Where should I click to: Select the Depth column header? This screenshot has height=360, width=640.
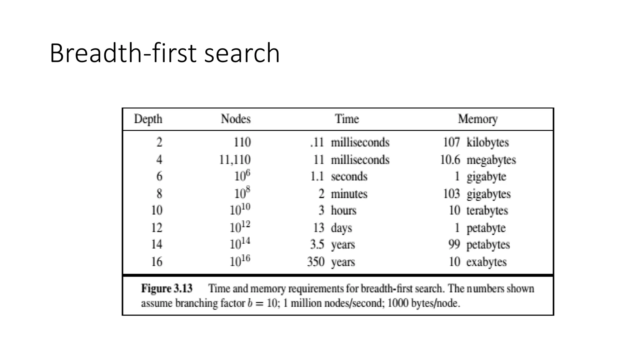pyautogui.click(x=148, y=119)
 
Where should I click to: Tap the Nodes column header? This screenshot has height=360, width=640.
pyautogui.click(x=236, y=119)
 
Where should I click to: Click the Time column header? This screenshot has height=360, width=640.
pyautogui.click(x=347, y=119)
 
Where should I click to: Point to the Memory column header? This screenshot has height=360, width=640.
pyautogui.click(x=477, y=119)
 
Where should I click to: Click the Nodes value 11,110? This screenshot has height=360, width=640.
pyautogui.click(x=235, y=160)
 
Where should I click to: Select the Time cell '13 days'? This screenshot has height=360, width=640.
pyautogui.click(x=332, y=228)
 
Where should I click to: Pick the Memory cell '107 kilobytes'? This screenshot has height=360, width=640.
pyautogui.click(x=476, y=142)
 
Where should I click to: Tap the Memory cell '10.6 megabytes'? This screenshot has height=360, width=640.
pyautogui.click(x=478, y=160)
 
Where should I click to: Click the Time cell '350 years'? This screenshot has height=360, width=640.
pyautogui.click(x=331, y=262)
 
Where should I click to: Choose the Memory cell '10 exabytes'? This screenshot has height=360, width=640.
pyautogui.click(x=477, y=262)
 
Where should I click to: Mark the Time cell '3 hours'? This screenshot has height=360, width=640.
pyautogui.click(x=337, y=210)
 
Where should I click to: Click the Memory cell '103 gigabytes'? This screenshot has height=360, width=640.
pyautogui.click(x=477, y=194)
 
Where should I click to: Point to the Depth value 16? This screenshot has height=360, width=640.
pyautogui.click(x=157, y=262)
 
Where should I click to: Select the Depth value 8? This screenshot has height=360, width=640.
pyautogui.click(x=159, y=194)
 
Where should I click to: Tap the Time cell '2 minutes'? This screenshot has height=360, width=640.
pyautogui.click(x=343, y=194)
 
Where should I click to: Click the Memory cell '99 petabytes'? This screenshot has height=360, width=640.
pyautogui.click(x=479, y=244)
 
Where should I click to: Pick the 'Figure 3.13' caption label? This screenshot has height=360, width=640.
pyautogui.click(x=167, y=288)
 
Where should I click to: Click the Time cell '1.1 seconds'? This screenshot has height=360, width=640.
pyautogui.click(x=339, y=177)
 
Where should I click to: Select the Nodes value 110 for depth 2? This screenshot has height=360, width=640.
pyautogui.click(x=242, y=142)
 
